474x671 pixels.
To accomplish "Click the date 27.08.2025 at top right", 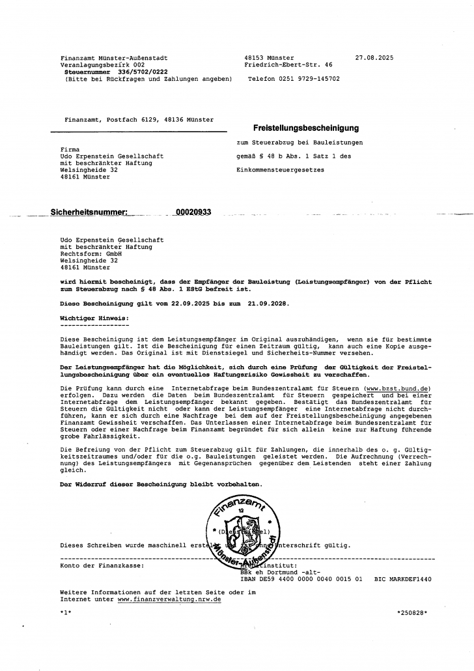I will pyautogui.click(x=374, y=58).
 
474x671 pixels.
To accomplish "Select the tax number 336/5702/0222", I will pyautogui.click(x=130, y=72).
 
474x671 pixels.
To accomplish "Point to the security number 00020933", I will pyautogui.click(x=193, y=212).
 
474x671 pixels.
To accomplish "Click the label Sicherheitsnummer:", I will pyautogui.click(x=89, y=212).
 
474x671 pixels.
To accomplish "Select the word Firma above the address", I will pyautogui.click(x=70, y=149).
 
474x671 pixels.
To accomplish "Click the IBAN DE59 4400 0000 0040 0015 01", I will pyautogui.click(x=297, y=578).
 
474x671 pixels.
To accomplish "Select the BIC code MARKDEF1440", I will pyautogui.click(x=403, y=578).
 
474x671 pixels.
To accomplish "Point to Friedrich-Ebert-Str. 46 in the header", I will pyautogui.click(x=288, y=65).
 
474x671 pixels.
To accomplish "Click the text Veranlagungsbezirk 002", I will pyautogui.click(x=102, y=65).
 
